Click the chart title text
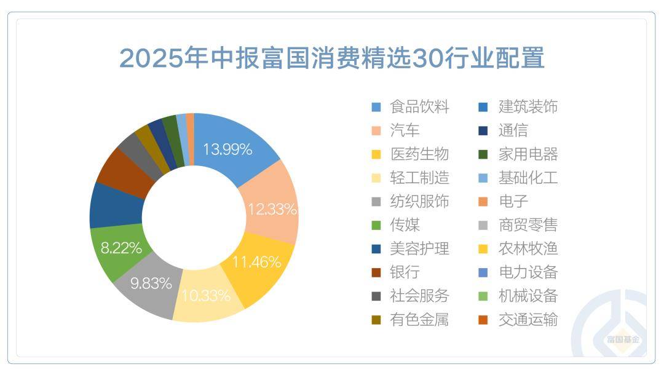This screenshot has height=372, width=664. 332,58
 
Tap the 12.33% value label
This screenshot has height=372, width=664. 272,209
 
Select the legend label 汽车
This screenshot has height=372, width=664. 405,130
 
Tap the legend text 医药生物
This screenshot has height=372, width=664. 419,154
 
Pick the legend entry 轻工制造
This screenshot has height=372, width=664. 419,178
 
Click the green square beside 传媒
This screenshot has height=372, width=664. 376,226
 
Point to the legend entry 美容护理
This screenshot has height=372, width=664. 419,249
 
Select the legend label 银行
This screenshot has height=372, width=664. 405,272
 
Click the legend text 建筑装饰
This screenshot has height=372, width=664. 528,107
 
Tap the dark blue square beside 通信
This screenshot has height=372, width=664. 484,131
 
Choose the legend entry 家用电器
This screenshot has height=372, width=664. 528,154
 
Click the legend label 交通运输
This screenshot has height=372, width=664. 528,320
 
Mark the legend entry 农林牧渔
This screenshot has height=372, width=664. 528,249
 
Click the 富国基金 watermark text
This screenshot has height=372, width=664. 623,339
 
